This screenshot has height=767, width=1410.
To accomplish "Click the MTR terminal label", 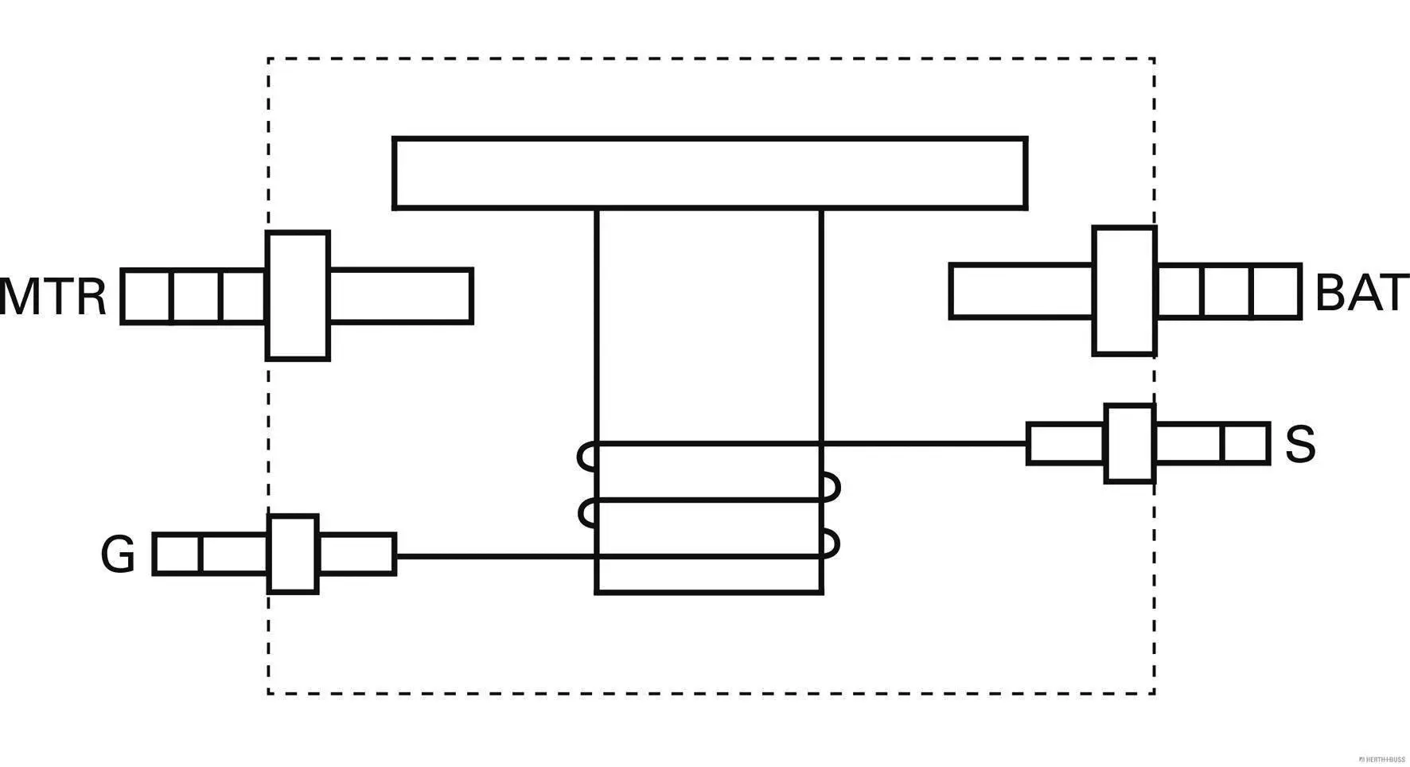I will click(x=53, y=296).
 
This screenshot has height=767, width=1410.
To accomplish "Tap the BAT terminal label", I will click(x=1360, y=293).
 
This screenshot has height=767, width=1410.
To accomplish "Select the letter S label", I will click(x=1300, y=444).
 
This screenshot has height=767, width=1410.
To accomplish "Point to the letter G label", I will click(x=118, y=554).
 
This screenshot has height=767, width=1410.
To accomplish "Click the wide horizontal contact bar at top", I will click(x=709, y=173).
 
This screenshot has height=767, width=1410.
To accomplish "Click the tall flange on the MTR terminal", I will click(x=298, y=296).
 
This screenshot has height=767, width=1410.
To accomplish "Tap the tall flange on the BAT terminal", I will click(x=1124, y=290).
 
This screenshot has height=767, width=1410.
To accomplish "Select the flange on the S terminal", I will click(x=1129, y=443).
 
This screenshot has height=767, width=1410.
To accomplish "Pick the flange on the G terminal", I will click(x=293, y=554).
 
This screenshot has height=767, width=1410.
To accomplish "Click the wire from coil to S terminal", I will click(x=923, y=443).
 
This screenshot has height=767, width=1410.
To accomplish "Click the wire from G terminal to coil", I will click(x=493, y=555).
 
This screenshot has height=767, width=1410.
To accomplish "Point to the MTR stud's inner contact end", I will click(x=401, y=296).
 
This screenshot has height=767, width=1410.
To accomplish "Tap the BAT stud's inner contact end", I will click(x=1022, y=290).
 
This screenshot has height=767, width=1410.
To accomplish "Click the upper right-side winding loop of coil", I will click(x=832, y=487).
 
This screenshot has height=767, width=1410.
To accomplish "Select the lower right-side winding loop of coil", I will click(x=832, y=543).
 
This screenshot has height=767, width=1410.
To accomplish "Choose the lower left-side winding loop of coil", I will click(x=587, y=513).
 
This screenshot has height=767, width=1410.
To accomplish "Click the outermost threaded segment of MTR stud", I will click(x=146, y=296).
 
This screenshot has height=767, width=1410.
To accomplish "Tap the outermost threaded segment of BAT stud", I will click(x=1276, y=291).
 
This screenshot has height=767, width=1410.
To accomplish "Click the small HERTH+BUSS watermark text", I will click(x=1381, y=759).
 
